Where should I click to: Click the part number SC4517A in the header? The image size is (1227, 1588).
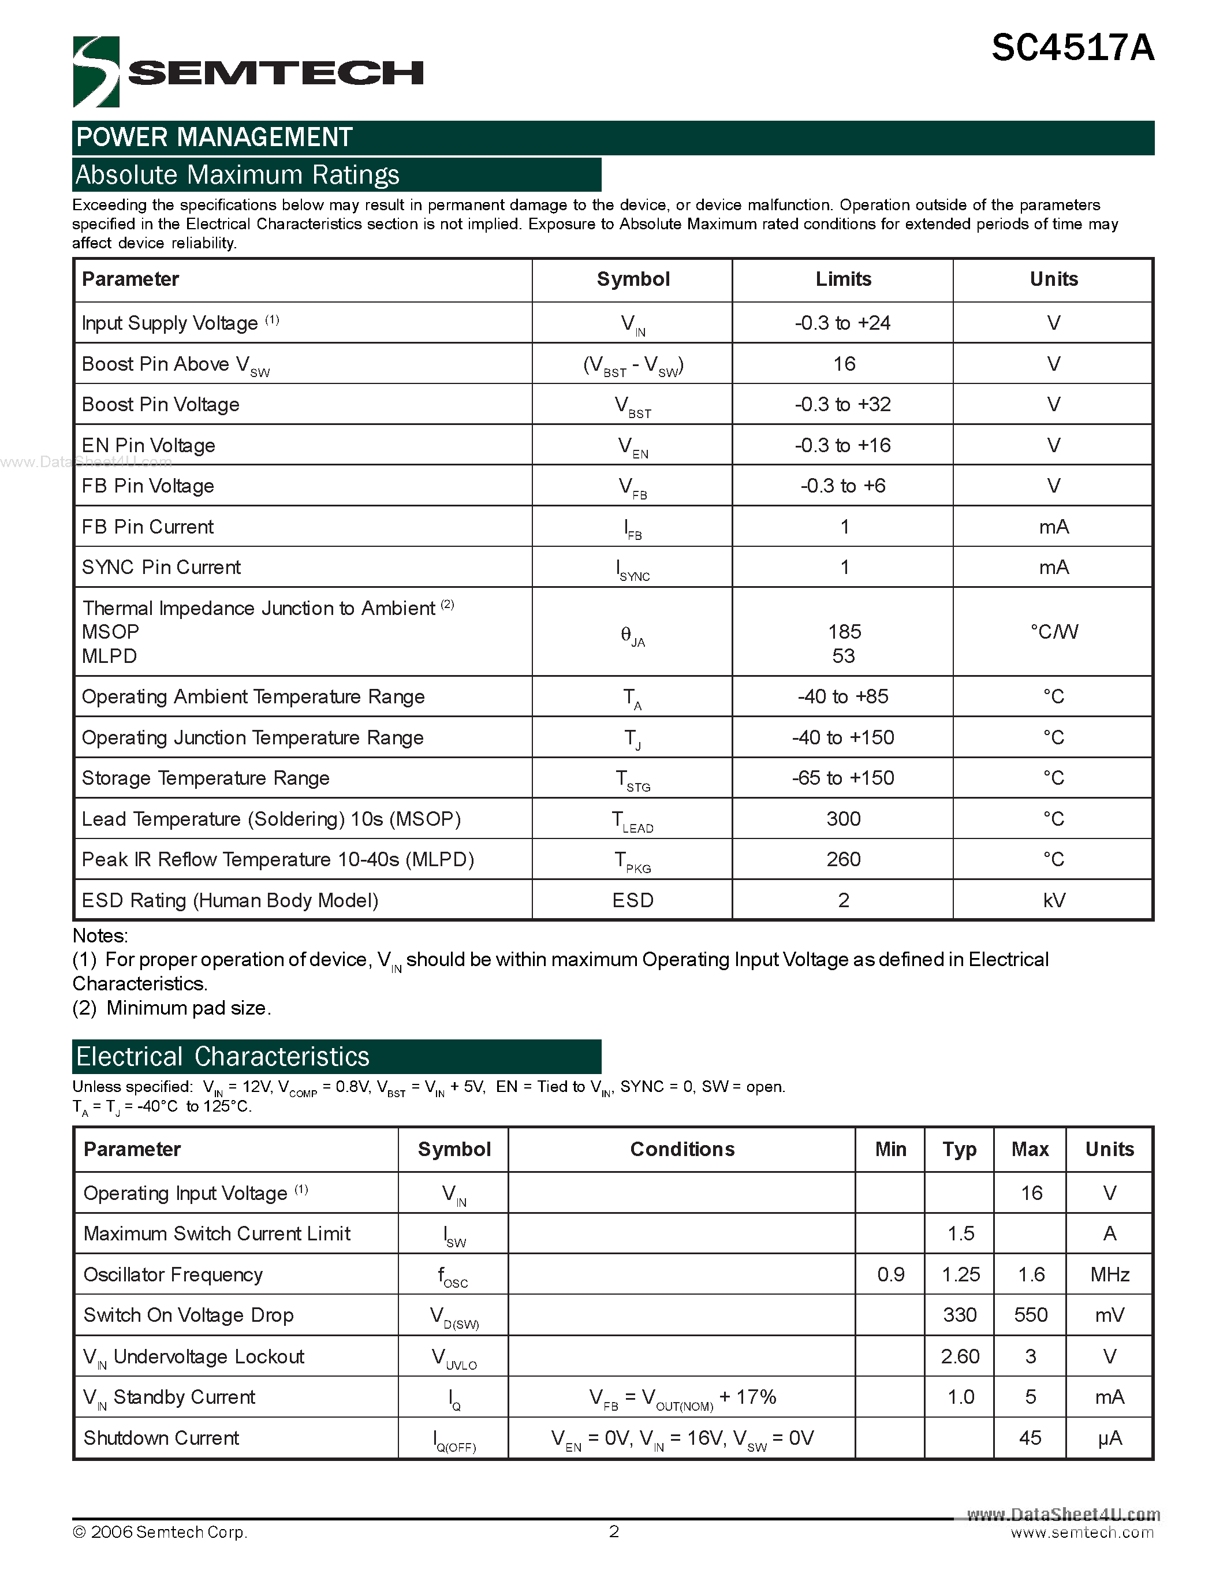point(1072,49)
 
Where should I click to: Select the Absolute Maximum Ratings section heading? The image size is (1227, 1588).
point(238,175)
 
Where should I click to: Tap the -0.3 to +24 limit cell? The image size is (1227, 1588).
point(842,323)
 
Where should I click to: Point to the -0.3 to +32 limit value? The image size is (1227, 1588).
point(842,404)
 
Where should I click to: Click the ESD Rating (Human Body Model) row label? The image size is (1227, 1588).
point(230,900)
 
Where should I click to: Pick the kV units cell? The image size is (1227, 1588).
point(1053,900)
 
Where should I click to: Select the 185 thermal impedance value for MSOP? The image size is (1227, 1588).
point(844,631)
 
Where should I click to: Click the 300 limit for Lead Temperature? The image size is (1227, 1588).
point(843,819)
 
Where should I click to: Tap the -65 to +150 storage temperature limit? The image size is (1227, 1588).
point(842,778)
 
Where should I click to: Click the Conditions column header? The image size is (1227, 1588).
point(682,1149)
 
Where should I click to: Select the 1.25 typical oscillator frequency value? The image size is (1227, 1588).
point(960,1274)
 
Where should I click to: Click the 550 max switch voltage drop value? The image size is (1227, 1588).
point(1030,1315)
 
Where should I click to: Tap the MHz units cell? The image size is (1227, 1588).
point(1109,1274)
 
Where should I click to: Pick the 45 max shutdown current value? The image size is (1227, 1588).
point(1030,1437)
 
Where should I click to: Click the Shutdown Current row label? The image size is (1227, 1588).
point(161,1437)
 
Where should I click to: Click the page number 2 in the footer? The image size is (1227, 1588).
point(613,1531)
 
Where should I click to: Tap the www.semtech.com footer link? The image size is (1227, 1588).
point(1081,1533)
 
